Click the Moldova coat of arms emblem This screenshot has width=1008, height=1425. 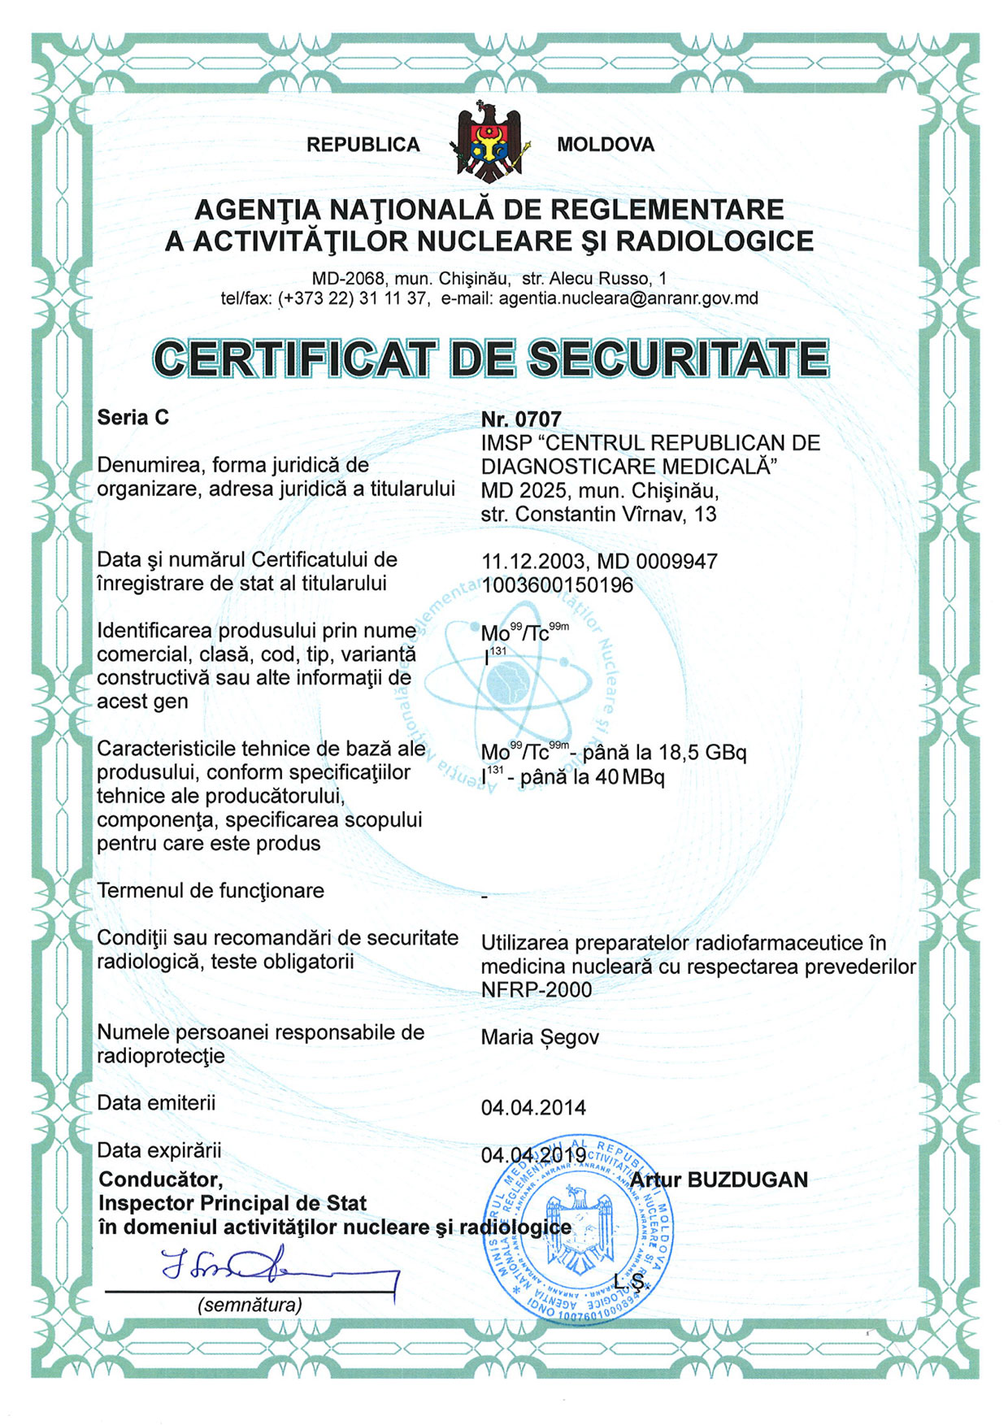(x=489, y=143)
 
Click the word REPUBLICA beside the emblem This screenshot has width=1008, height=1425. (x=363, y=145)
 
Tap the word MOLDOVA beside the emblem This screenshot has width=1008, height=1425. (x=606, y=145)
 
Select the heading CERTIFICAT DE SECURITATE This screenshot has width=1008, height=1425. (x=491, y=358)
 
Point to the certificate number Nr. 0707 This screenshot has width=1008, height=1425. (x=521, y=419)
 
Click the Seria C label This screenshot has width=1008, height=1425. (x=133, y=417)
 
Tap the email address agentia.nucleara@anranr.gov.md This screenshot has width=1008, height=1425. (x=628, y=298)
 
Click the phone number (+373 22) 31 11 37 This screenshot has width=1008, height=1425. (x=354, y=298)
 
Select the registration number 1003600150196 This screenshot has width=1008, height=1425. (x=557, y=585)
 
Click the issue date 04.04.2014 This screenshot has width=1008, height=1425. (x=533, y=1107)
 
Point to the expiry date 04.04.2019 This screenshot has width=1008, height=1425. (x=533, y=1154)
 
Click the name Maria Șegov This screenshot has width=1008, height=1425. (x=540, y=1037)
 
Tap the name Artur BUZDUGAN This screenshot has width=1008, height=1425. (x=719, y=1180)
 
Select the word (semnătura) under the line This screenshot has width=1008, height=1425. (x=250, y=1305)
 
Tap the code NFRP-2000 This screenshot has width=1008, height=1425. (x=537, y=989)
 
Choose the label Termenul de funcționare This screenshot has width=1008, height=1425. (x=211, y=890)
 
